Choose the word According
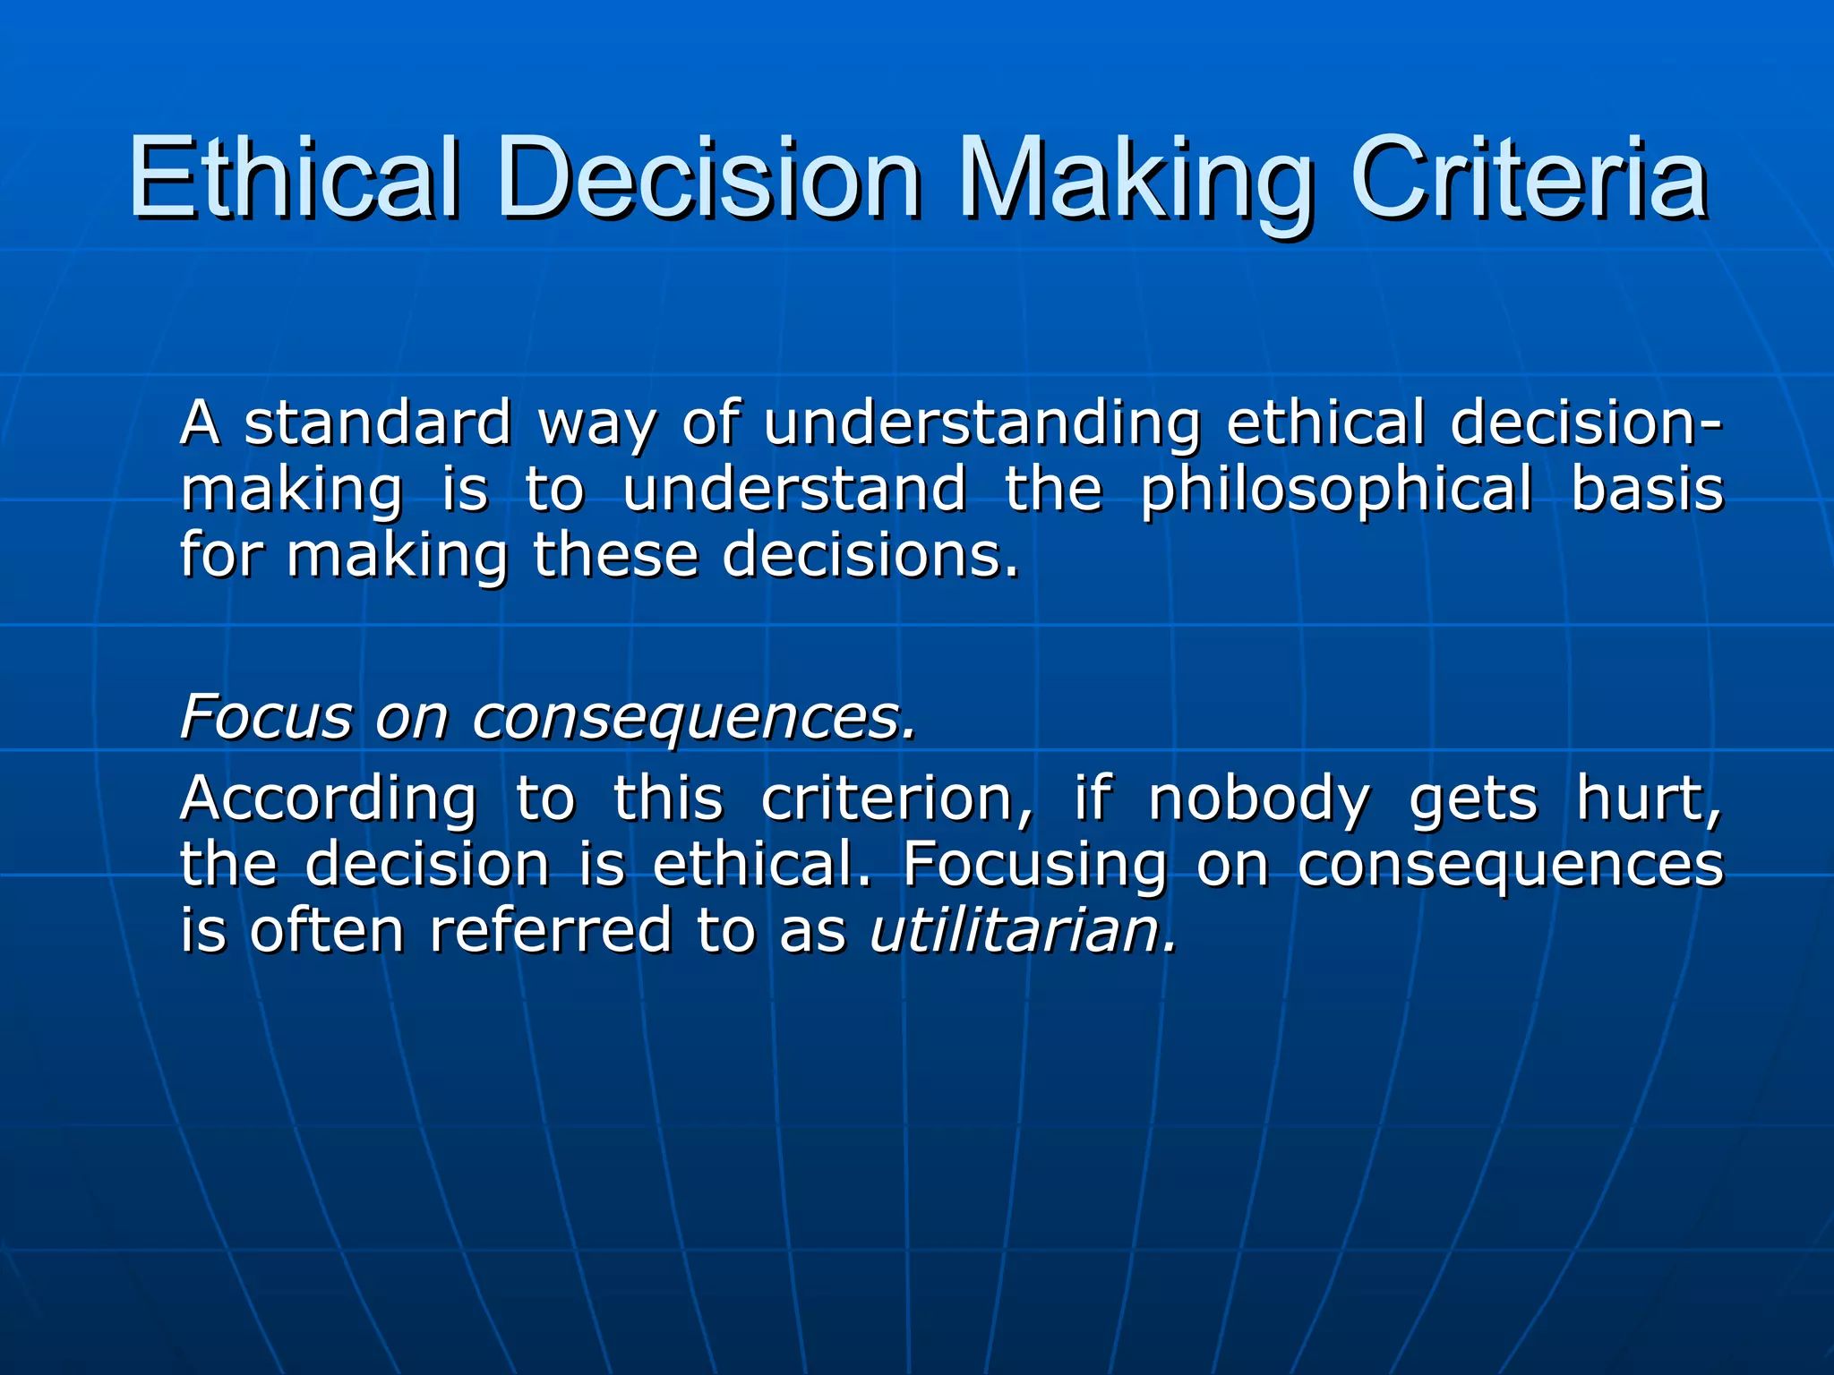tap(328, 799)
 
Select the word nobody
tap(1258, 799)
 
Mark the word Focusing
tap(1034, 865)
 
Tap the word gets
tap(1473, 800)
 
